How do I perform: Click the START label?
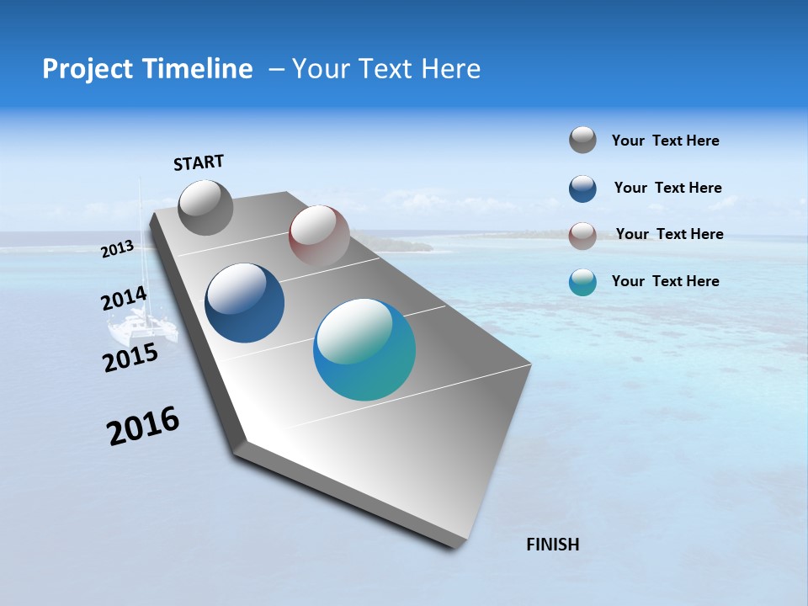[199, 162]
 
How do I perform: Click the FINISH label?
[553, 545]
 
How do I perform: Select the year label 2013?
[118, 249]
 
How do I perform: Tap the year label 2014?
[124, 299]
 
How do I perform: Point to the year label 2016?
[143, 426]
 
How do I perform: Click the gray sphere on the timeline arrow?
[205, 207]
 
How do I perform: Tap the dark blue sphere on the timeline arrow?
[244, 303]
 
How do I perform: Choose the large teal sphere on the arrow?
[364, 349]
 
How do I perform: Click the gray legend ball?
[582, 141]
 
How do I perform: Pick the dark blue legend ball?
[582, 189]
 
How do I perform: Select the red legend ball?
[582, 236]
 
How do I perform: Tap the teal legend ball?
[582, 282]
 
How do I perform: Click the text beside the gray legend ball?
[665, 141]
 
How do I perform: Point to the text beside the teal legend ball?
[665, 281]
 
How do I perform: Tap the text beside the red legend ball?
[669, 234]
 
